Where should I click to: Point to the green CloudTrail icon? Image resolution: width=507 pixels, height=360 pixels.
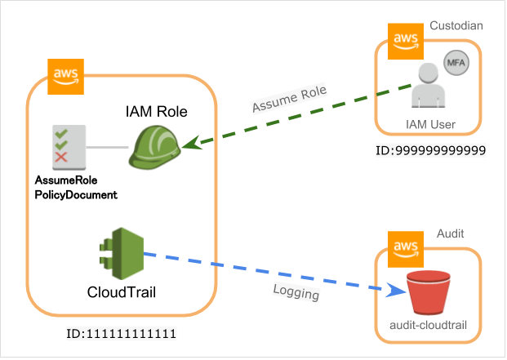pyautogui.click(x=122, y=252)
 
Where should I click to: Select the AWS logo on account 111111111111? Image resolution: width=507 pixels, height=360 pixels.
pyautogui.click(x=64, y=76)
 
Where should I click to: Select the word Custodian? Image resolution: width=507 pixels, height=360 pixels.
pyautogui.click(x=457, y=26)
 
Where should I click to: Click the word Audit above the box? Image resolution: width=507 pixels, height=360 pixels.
pyautogui.click(x=450, y=233)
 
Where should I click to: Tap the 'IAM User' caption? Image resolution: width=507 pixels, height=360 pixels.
pyautogui.click(x=430, y=125)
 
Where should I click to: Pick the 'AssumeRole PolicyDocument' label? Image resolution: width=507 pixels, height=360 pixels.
pyautogui.click(x=75, y=187)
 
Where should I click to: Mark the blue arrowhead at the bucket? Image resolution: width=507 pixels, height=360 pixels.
pyautogui.click(x=395, y=290)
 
